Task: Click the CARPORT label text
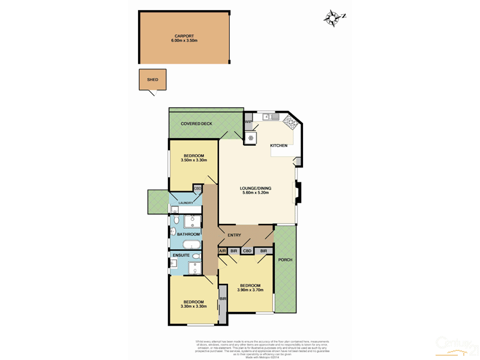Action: coord(184,35)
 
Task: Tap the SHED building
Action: coord(152,80)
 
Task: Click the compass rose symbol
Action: coord(331,18)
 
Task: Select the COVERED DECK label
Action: coord(197,124)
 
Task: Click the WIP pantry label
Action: coord(248,122)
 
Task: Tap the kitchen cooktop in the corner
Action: coord(290,122)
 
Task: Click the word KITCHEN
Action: coord(278,146)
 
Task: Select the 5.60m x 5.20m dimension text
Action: coord(256,193)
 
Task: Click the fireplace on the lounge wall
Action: coord(298,193)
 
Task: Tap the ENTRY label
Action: coord(235,235)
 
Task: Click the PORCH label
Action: coord(284,260)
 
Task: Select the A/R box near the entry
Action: coord(222,251)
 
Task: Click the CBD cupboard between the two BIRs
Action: coord(247,251)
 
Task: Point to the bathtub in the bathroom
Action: coord(192,244)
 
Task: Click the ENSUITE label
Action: coord(181,256)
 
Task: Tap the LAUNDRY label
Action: coord(185,203)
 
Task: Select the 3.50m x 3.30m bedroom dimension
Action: coord(194,160)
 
